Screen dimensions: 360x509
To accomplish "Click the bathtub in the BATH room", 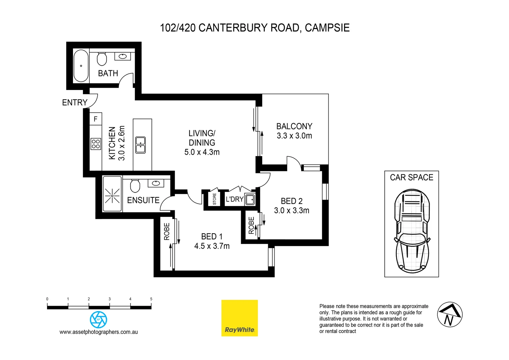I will pyautogui.click(x=81, y=66).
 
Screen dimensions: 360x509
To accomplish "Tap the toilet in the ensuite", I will pyautogui.click(x=135, y=186).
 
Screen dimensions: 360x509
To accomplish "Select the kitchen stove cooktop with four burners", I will pyautogui.click(x=96, y=144).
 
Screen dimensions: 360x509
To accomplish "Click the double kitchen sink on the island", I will pyautogui.click(x=141, y=145).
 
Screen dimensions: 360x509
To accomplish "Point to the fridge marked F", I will pyautogui.click(x=96, y=119).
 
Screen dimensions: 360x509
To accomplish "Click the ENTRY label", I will pyautogui.click(x=75, y=103).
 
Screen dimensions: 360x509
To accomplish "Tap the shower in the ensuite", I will pyautogui.click(x=112, y=194).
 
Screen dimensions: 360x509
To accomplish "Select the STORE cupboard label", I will pyautogui.click(x=215, y=199).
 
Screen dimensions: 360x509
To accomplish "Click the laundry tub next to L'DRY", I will pyautogui.click(x=250, y=199).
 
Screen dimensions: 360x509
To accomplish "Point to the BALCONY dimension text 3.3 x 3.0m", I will pyautogui.click(x=294, y=136).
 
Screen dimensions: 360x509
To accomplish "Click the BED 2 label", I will pyautogui.click(x=291, y=201).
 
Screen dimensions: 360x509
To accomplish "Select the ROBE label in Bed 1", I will pyautogui.click(x=167, y=232).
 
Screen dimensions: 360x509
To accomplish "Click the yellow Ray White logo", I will pyautogui.click(x=240, y=318).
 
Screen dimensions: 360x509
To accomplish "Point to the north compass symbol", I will pyautogui.click(x=450, y=315).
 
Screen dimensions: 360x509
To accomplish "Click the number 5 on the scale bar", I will pyautogui.click(x=151, y=299).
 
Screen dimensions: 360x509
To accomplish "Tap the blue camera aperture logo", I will pyautogui.click(x=99, y=320).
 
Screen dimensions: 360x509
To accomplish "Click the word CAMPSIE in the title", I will pyautogui.click(x=327, y=28).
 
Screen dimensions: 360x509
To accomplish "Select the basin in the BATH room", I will pyautogui.click(x=123, y=56).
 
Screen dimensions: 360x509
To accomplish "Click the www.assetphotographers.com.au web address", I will pyautogui.click(x=99, y=332).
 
